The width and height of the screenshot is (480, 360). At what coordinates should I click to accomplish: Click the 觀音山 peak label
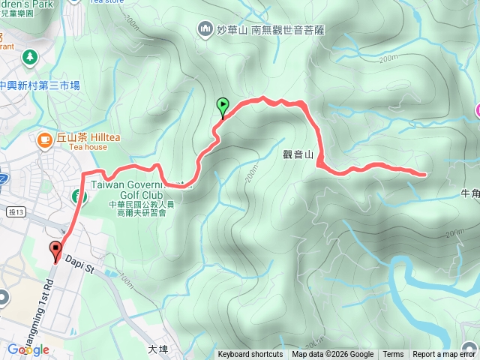pyautogui.click(x=297, y=154)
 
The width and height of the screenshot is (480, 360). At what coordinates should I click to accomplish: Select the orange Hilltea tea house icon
pyautogui.click(x=44, y=139)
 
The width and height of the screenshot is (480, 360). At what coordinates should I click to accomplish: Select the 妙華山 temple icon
pyautogui.click(x=205, y=30)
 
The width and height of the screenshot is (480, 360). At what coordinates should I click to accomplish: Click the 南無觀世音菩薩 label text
pyautogui.click(x=287, y=30)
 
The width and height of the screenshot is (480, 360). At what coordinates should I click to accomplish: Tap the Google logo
pyautogui.click(x=28, y=349)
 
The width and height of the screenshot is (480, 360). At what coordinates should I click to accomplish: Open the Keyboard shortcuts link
pyautogui.click(x=250, y=355)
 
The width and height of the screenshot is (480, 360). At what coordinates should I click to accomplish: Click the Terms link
pyautogui.click(x=393, y=355)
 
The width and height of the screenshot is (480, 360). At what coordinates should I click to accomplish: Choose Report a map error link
pyautogui.click(x=444, y=355)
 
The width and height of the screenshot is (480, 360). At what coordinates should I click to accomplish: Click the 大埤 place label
pyautogui.click(x=157, y=349)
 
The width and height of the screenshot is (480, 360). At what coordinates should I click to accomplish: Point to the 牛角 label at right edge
pyautogui.click(x=470, y=192)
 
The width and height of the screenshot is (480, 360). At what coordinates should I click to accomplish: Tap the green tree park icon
pyautogui.click(x=29, y=56)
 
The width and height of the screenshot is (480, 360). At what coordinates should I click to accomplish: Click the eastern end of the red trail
pyautogui.click(x=425, y=175)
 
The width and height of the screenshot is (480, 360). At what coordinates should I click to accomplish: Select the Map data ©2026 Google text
pyautogui.click(x=333, y=355)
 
